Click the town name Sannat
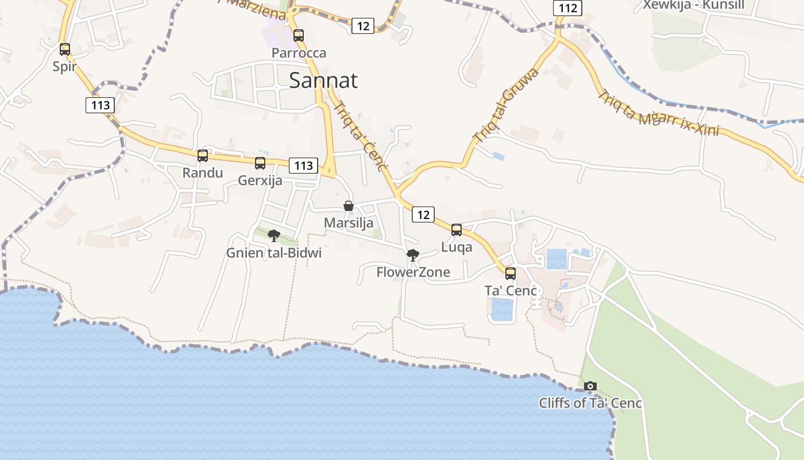323,80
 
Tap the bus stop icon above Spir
65,49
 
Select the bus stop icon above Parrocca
299,36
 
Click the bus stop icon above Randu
203,156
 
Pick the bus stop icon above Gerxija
260,163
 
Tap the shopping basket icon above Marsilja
348,206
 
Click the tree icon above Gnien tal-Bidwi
274,235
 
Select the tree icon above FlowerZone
412,255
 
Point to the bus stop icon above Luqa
457,230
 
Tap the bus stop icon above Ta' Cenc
511,274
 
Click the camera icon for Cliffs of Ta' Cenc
590,386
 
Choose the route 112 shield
567,8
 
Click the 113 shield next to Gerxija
303,166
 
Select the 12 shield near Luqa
423,215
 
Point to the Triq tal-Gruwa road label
506,105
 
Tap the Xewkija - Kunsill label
694,5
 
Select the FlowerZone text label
413,272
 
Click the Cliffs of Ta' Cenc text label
590,403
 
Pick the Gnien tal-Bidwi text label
274,253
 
